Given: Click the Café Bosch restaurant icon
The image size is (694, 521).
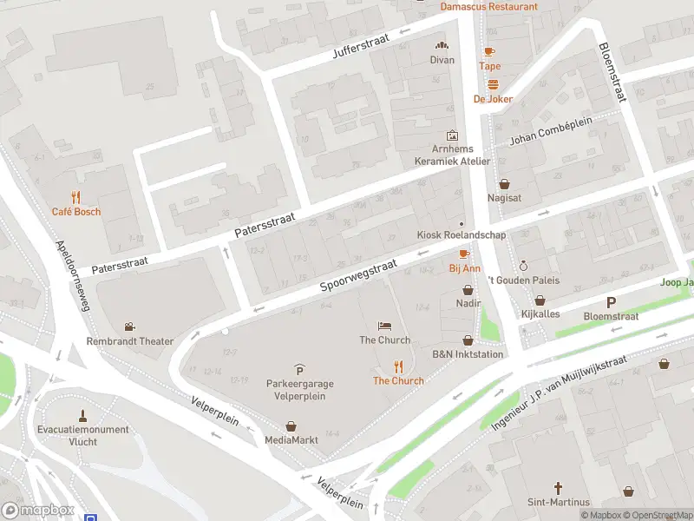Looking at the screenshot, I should click(76, 196).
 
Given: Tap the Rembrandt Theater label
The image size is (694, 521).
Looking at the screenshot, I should click(129, 341).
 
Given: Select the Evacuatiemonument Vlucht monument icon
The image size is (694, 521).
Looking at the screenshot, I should click(83, 414).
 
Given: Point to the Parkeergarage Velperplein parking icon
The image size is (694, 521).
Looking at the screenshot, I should click(299, 370).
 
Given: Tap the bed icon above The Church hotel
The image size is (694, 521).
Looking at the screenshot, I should click(385, 326).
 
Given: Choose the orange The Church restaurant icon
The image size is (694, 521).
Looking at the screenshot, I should click(399, 366).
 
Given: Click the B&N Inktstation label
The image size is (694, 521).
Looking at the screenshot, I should click(468, 354).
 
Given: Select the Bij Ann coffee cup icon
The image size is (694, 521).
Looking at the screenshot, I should click(464, 254).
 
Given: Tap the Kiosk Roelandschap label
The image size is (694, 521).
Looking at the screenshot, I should click(461, 235).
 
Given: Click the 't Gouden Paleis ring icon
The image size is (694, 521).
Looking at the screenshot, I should click(522, 267).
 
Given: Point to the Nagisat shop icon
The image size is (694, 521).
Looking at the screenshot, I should click(505, 184).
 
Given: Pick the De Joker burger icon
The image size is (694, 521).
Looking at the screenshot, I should click(493, 84).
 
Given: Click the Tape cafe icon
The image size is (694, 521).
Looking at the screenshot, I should click(489, 52).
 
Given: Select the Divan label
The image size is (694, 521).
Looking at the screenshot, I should click(442, 60).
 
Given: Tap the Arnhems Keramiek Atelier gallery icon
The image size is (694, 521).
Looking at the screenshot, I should click(451, 135).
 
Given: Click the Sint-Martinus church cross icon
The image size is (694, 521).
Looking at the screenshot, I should click(559, 488).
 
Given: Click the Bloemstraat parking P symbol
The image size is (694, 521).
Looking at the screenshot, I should click(611, 302).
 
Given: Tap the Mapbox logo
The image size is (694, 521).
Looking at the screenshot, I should click(38, 511).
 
